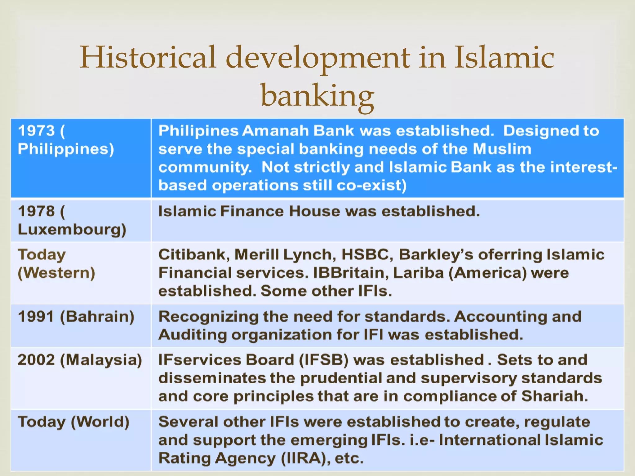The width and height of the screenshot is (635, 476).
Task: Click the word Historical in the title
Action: [148, 57]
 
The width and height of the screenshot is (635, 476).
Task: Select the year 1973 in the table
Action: [36, 131]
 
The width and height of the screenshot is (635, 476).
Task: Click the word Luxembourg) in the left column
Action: [72, 230]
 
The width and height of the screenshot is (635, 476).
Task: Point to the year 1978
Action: [36, 211]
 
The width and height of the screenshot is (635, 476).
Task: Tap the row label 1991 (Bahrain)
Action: [76, 317]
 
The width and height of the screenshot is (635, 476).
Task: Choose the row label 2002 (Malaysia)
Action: [80, 360]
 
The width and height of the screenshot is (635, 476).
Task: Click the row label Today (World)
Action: [73, 422]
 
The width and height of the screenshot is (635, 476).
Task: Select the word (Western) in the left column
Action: [56, 273]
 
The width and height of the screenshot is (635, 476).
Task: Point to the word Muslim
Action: [502, 149]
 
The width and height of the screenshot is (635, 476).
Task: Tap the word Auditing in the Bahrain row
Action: [193, 335]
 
